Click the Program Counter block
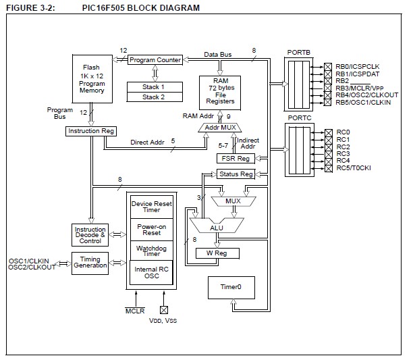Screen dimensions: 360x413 click(x=155, y=59)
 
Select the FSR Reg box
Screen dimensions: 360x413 click(x=234, y=158)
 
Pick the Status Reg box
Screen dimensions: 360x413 click(x=236, y=174)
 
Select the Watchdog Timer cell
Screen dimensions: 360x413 click(x=150, y=251)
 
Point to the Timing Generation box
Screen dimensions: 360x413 click(x=90, y=263)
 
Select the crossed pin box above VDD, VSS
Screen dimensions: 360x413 click(x=163, y=309)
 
